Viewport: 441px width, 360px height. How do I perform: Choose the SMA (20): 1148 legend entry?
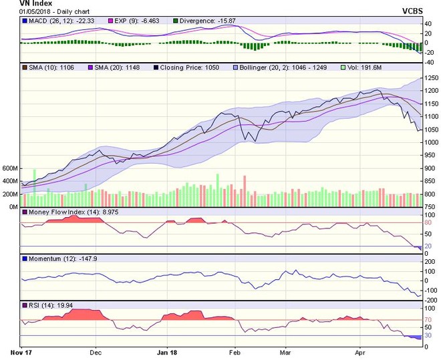tap(118, 67)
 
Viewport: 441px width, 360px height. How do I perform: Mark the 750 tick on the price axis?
tap(429, 206)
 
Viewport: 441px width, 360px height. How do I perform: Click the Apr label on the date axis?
tap(361, 351)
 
